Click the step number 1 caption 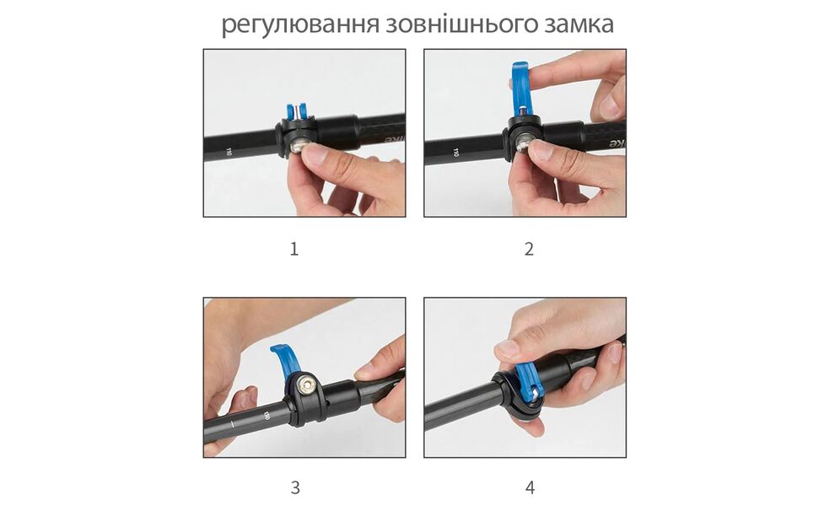pos(294,249)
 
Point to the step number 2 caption pos(529,249)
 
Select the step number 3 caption pos(294,487)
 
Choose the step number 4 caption pos(530,487)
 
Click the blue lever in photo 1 pos(296,111)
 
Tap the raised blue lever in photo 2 pos(520,89)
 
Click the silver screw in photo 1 pos(299,148)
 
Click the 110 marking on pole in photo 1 pos(229,152)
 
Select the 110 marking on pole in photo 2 pos(455,153)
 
